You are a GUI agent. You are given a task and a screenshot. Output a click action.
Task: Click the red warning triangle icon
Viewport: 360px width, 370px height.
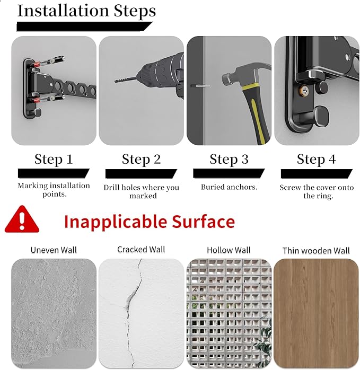[x=22, y=219]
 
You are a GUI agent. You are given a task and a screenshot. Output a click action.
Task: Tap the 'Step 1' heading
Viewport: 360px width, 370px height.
[x=54, y=159]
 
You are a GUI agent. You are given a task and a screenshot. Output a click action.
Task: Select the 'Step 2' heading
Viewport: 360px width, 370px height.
[x=141, y=159]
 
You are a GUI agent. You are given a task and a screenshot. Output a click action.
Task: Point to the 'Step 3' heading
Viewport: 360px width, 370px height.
[x=229, y=159]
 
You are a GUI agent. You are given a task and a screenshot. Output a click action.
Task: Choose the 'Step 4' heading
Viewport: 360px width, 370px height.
[x=317, y=159]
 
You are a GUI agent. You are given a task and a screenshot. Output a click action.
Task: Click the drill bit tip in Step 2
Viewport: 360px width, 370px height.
[x=116, y=81]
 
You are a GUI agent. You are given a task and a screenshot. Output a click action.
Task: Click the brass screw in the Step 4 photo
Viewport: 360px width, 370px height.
[x=304, y=91]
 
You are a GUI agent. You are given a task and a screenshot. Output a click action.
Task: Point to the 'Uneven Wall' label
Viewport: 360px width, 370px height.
[x=54, y=250]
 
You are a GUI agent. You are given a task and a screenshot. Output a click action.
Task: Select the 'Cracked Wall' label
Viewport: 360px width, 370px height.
[x=141, y=250]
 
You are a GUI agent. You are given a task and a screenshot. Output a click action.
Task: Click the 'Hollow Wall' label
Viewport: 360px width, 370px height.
[x=229, y=250]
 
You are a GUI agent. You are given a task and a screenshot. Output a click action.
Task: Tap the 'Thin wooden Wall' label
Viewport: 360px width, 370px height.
[x=316, y=251]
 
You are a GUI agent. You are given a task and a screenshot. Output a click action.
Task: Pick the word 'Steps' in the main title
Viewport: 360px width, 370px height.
[x=135, y=11]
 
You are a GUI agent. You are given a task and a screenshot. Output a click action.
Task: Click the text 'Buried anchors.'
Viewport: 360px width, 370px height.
[x=229, y=187]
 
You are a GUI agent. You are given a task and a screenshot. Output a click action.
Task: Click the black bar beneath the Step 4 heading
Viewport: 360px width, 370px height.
[x=317, y=174]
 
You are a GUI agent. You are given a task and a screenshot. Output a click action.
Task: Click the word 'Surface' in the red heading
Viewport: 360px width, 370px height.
[x=203, y=222]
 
